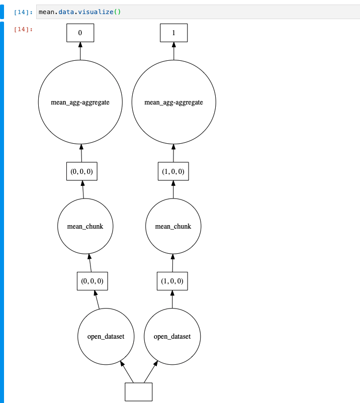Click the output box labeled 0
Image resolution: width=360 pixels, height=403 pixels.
click(x=80, y=33)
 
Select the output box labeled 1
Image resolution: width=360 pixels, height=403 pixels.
click(x=173, y=33)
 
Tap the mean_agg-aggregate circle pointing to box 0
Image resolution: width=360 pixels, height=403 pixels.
click(x=80, y=102)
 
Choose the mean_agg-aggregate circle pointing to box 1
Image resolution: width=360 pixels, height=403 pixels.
click(x=173, y=102)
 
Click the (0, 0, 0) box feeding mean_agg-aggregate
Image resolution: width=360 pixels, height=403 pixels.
click(x=81, y=171)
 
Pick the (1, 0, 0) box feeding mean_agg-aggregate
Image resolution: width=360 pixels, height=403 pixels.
click(x=173, y=171)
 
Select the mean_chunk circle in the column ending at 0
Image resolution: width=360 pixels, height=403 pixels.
click(x=85, y=226)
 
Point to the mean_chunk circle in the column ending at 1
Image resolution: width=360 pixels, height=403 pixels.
click(x=173, y=226)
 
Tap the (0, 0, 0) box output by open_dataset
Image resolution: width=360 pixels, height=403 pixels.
click(x=93, y=281)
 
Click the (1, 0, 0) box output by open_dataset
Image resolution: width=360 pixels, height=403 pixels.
click(x=173, y=281)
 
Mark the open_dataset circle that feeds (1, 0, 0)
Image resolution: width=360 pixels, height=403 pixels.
click(x=172, y=336)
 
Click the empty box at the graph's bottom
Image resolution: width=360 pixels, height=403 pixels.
click(x=138, y=391)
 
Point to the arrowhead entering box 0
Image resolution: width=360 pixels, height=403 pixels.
click(x=80, y=45)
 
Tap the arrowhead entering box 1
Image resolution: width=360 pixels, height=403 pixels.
click(x=173, y=45)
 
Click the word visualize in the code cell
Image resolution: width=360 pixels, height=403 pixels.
click(x=97, y=12)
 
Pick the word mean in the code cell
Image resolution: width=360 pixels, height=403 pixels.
click(x=46, y=12)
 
